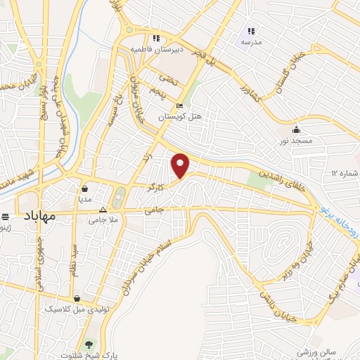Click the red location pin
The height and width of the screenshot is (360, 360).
click(x=181, y=165)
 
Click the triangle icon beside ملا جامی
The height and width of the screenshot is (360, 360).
click(x=103, y=210)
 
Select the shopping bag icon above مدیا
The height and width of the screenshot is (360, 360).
click(x=85, y=188)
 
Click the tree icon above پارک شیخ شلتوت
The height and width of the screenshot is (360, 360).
click(x=89, y=345)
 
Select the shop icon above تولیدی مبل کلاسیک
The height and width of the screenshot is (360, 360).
click(x=87, y=298)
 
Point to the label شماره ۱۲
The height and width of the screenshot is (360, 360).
click(x=345, y=173)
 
